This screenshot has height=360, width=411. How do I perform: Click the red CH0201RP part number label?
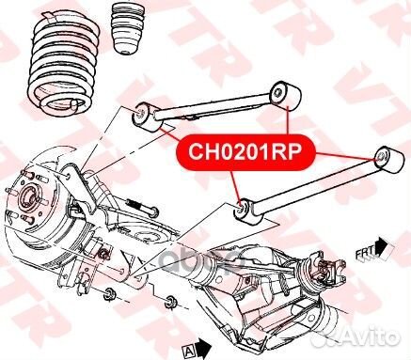245,152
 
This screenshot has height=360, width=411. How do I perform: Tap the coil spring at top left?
64,64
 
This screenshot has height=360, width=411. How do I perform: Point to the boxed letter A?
188,351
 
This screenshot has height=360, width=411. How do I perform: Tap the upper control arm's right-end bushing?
286,96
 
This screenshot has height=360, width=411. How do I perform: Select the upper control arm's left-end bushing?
147,118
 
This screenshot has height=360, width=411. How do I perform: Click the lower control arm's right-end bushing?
388,159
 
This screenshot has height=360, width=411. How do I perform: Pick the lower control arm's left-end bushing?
247,212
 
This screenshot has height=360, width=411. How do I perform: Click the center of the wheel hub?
29,199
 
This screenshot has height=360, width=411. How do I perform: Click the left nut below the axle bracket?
110,293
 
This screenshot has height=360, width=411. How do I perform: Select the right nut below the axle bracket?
171,302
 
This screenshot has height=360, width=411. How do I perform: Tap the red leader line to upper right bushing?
288,120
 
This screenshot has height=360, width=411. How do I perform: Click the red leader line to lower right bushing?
345,156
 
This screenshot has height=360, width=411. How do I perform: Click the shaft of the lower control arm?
317,190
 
